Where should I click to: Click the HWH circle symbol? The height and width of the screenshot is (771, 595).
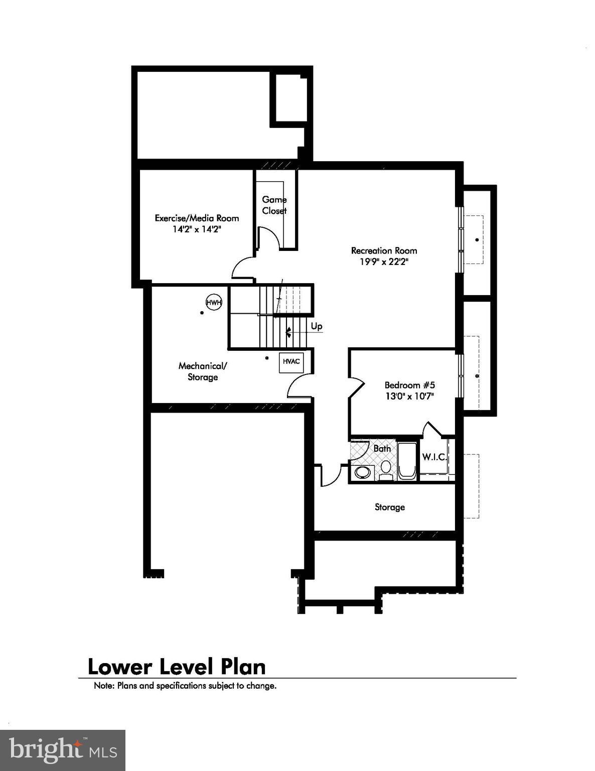[214, 302]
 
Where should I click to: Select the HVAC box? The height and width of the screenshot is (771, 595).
[291, 361]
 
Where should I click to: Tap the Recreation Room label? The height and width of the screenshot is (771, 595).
[384, 250]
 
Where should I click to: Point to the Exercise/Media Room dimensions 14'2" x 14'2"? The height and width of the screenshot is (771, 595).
[197, 229]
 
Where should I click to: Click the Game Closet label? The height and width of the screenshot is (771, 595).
[274, 205]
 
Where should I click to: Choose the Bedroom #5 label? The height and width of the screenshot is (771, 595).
[409, 385]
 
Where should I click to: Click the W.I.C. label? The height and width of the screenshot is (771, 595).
[434, 457]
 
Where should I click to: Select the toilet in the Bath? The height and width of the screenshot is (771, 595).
[385, 468]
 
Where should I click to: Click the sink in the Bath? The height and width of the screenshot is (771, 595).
[362, 472]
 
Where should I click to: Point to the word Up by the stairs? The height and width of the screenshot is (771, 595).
[317, 326]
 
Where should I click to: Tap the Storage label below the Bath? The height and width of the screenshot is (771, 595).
[389, 507]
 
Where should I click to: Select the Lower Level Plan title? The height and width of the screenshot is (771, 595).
[177, 667]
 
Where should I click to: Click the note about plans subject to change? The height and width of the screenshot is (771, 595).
[185, 686]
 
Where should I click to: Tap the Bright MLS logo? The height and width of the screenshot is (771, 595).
[63, 750]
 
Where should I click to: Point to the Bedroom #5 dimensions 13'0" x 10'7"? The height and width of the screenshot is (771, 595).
[409, 396]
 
